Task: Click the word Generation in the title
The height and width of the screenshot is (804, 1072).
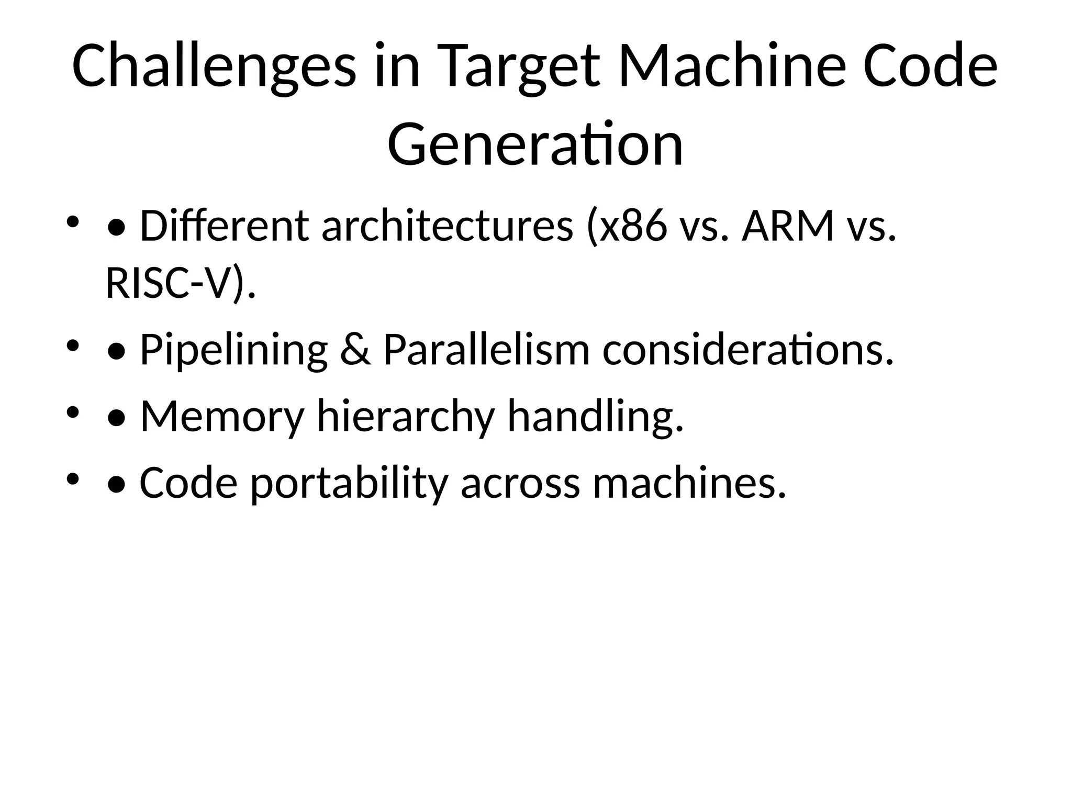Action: point(535,143)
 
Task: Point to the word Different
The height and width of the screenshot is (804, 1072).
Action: point(225,226)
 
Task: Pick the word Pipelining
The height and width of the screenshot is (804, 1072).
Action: point(234,350)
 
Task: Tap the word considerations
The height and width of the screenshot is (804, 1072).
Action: point(747,350)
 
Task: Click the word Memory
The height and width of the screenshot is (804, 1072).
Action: point(222,417)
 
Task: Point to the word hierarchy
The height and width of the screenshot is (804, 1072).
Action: point(406,417)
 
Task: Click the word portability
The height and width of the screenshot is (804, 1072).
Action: point(349,483)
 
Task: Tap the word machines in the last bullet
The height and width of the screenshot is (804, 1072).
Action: point(689,482)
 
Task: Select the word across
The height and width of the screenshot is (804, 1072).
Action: point(520,483)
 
